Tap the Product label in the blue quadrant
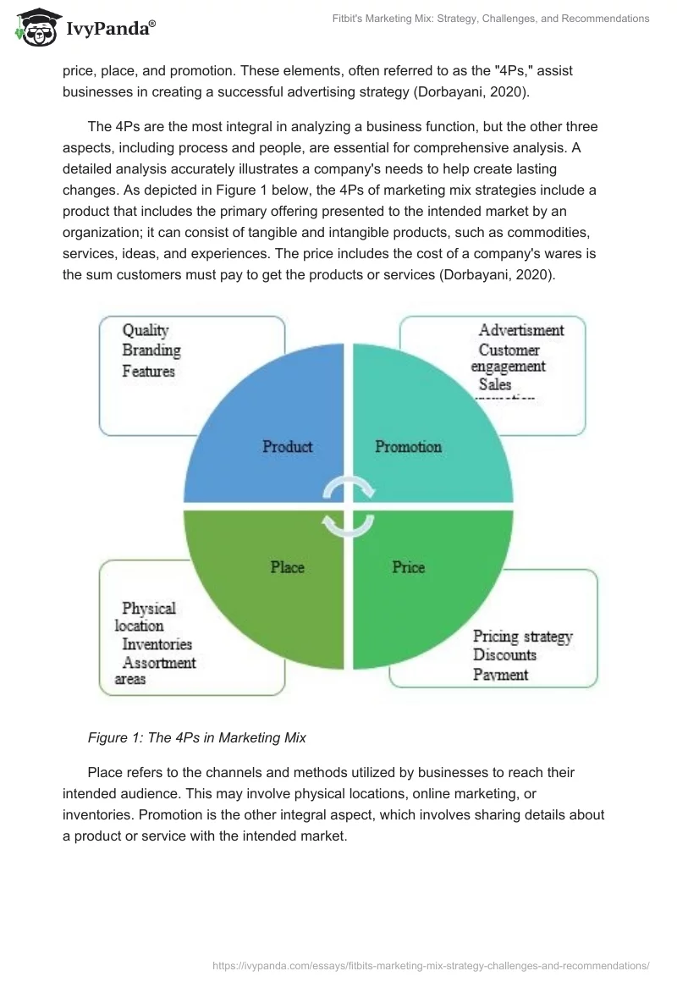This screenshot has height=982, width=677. click(x=287, y=446)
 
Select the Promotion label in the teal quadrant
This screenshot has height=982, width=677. click(x=408, y=446)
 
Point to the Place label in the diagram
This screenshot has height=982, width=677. click(x=287, y=567)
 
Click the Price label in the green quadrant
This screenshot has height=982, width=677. click(x=408, y=567)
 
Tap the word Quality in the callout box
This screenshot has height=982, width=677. click(x=146, y=330)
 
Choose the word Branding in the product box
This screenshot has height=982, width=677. click(x=151, y=350)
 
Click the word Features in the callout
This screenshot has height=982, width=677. click(x=149, y=371)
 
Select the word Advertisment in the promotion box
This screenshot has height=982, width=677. click(x=521, y=330)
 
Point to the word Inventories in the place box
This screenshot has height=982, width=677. click(x=157, y=644)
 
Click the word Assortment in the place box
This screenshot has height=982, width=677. click(x=159, y=663)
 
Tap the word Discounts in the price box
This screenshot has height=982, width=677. click(x=504, y=655)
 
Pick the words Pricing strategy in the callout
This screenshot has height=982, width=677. click(x=523, y=636)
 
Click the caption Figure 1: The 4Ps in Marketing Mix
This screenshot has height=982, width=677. click(x=197, y=737)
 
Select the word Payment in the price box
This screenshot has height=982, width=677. click(x=501, y=675)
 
